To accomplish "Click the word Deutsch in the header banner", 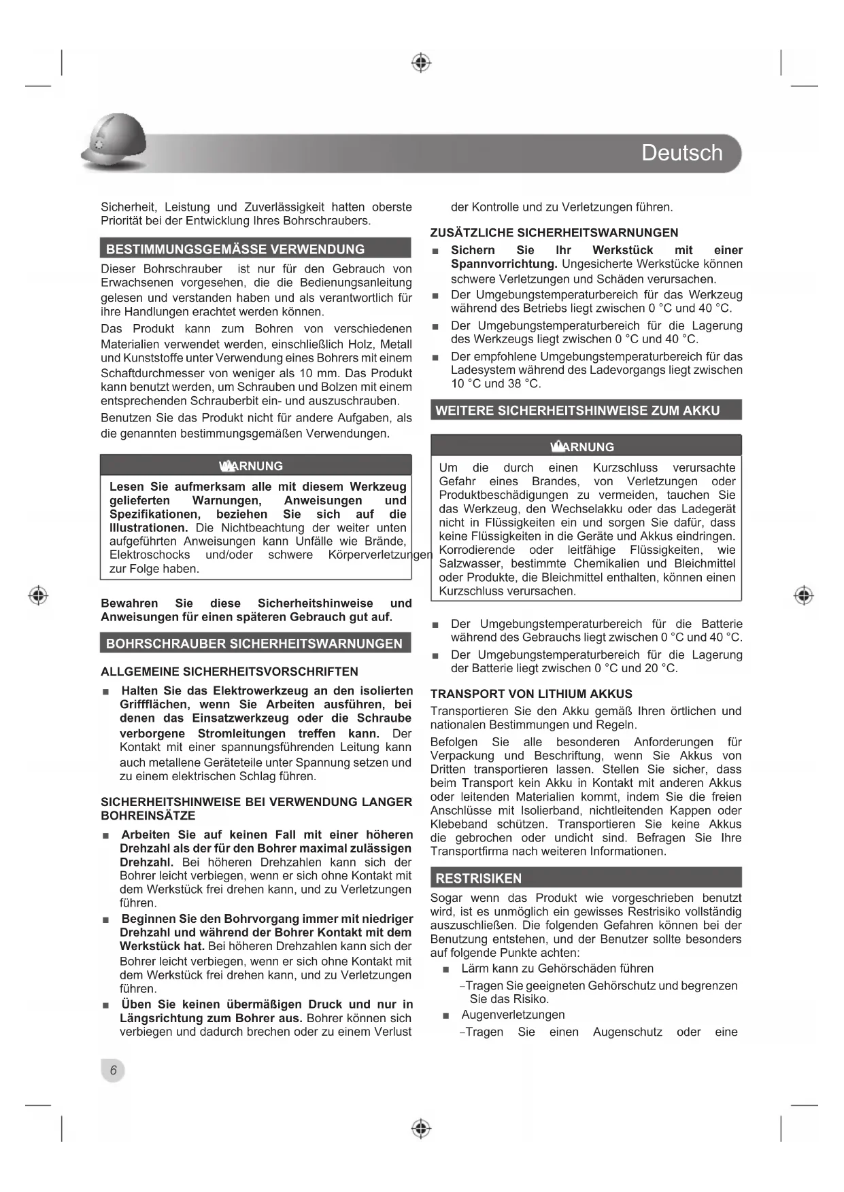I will (x=681, y=153).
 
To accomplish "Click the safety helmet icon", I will (x=114, y=143).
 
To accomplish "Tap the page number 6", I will (x=113, y=1070).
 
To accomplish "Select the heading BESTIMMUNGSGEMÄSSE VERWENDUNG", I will (x=235, y=249).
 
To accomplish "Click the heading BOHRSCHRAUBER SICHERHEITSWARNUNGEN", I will (x=254, y=644).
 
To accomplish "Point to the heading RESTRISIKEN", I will (x=479, y=878).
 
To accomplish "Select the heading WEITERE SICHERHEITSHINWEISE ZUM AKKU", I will (x=577, y=410).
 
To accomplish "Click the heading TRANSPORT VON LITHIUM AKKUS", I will (x=531, y=694).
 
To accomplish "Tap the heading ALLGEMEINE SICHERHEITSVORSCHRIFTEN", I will (x=229, y=671).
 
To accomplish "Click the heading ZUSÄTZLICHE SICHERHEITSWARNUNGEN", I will (x=554, y=232).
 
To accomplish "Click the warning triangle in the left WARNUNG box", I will (x=226, y=466).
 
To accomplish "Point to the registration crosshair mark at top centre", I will (x=422, y=63).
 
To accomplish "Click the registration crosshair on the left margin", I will (x=39, y=595).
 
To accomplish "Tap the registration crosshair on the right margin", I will (x=804, y=595).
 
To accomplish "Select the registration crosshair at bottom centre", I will (x=422, y=1129).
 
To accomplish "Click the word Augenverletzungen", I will (x=513, y=1015).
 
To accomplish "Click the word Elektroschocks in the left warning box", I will (x=150, y=555).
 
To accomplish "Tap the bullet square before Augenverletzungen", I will (x=446, y=1015).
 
